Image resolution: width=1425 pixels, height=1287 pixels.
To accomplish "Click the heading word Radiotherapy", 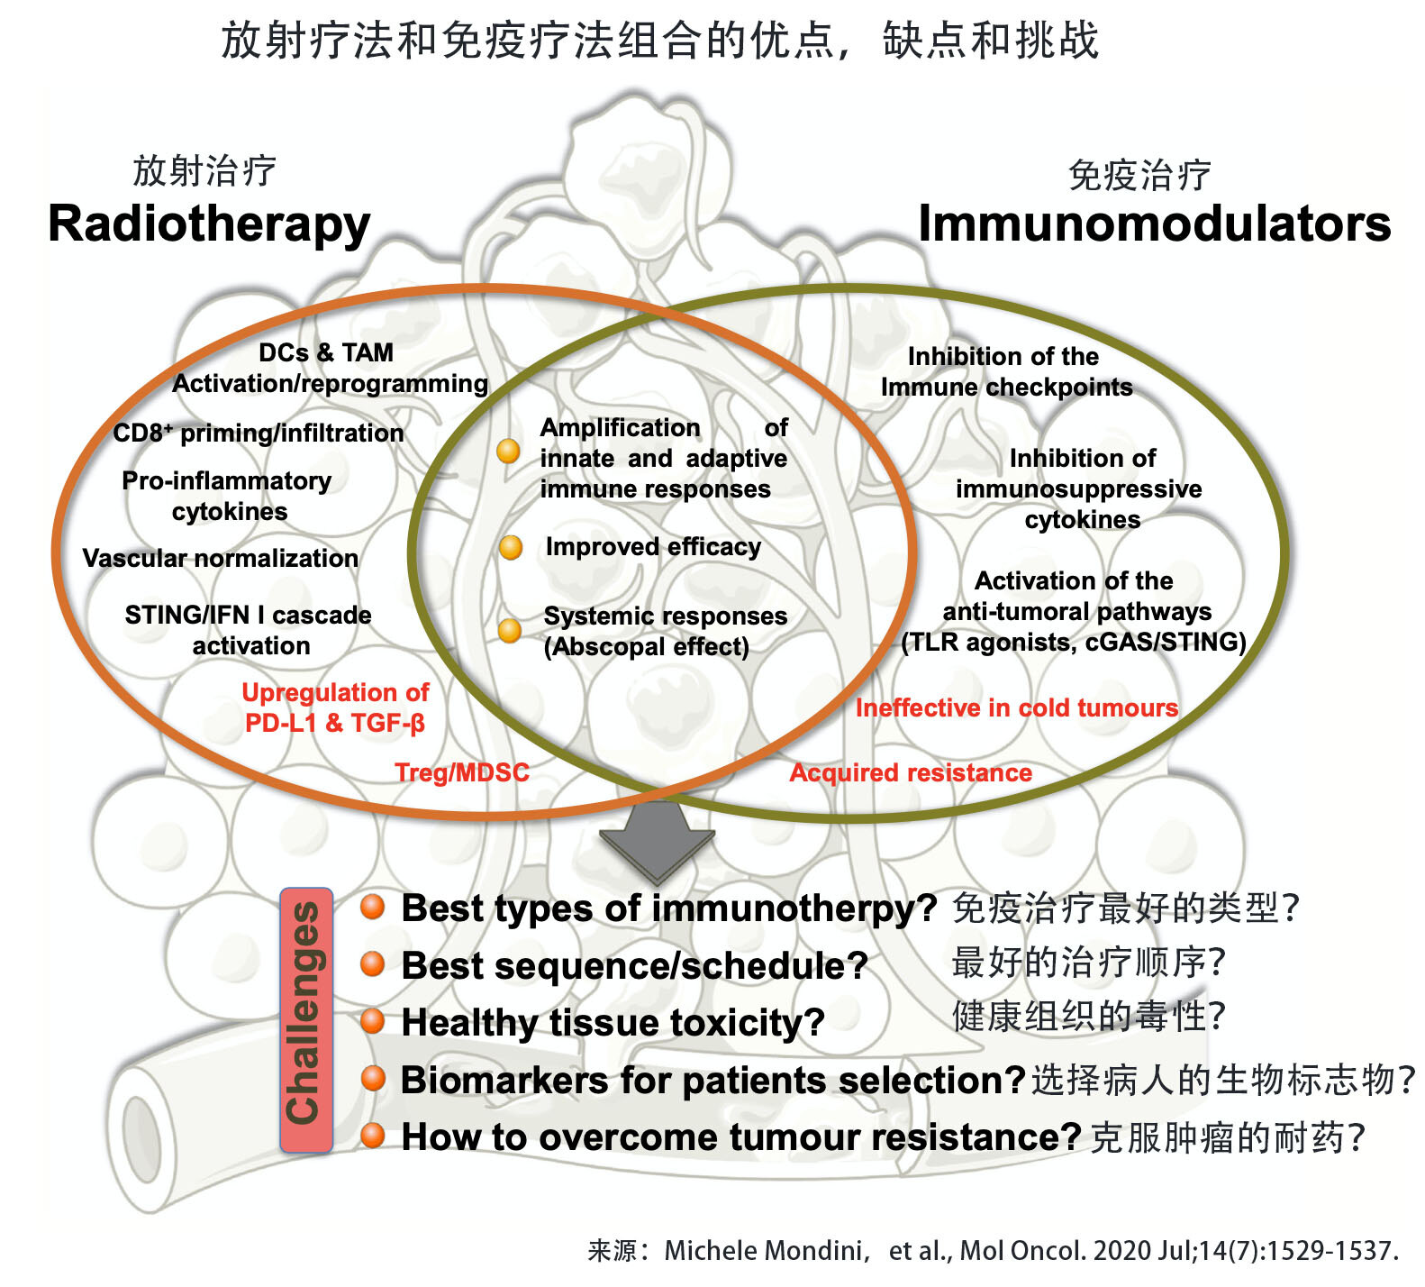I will coord(209,224).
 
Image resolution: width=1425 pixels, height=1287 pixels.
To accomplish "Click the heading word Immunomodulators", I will coord(1154,224).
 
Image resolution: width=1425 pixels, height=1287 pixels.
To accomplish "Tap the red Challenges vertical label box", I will coord(306,1019).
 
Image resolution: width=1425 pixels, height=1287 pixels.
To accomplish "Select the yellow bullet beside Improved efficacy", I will coord(511,547).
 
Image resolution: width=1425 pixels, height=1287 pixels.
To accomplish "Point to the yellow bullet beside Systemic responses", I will coord(510,630).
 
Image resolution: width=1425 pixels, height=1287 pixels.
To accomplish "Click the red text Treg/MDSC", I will coord(462,772).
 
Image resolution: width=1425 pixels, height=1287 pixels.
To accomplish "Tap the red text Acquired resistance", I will coord(911,772).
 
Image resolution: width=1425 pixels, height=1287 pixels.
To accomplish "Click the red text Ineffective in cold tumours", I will coord(1016,707).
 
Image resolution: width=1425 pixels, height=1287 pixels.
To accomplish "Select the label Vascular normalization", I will coord(221,558).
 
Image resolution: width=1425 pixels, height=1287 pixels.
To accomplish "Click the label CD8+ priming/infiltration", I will coord(259,433).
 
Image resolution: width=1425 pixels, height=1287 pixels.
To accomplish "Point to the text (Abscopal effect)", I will coord(646,646).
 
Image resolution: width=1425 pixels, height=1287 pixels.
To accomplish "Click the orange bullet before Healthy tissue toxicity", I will coord(373,1021).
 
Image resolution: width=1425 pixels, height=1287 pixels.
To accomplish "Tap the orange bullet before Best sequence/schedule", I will coord(373,964).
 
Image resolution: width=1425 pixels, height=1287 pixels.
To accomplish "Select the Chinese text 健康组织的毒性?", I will coord(1088,1016).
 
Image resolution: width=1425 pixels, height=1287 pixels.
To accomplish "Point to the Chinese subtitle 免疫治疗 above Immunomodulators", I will coord(1139,175).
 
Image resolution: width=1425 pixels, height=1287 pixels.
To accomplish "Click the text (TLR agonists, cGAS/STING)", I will coord(1074,642).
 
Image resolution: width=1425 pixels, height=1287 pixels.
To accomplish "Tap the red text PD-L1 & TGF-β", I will coord(335,723).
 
